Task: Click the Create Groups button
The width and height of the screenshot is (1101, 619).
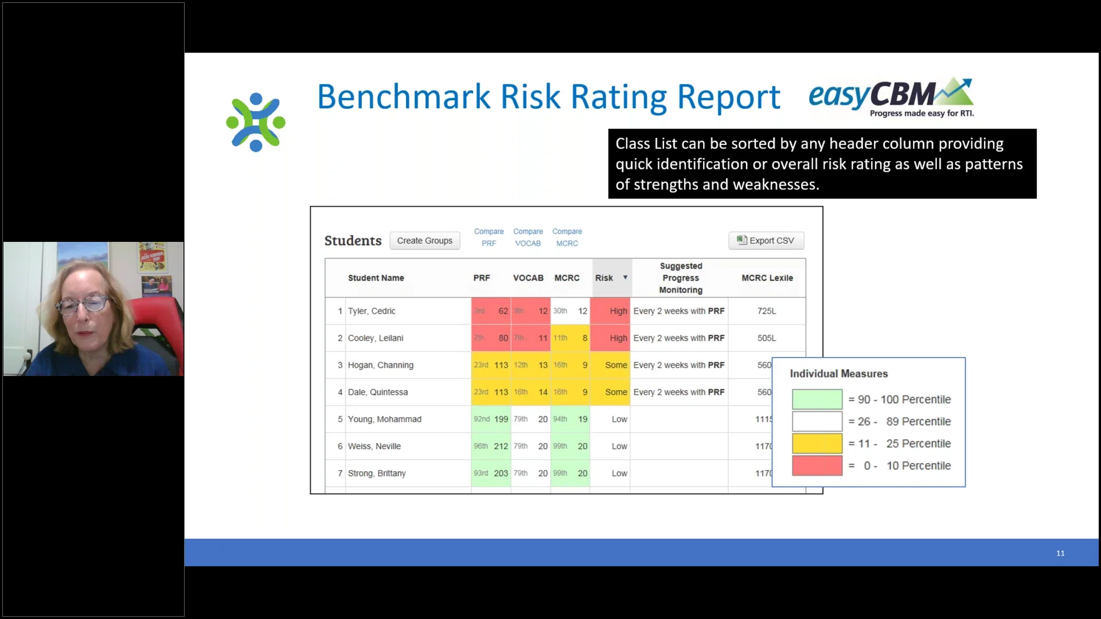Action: tap(424, 241)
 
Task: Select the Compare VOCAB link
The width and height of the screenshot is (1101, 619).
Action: tap(528, 237)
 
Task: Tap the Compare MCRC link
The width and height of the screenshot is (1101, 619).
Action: tap(567, 237)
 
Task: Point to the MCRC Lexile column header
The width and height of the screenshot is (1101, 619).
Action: tap(767, 278)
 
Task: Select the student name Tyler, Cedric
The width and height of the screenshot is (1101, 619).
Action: tap(372, 311)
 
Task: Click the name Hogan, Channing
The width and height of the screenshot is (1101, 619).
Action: tap(380, 365)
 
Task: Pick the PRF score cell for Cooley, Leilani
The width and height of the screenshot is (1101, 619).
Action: tap(491, 338)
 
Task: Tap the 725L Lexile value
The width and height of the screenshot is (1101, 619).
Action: tap(766, 311)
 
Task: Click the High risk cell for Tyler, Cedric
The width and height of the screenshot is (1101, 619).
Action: tap(611, 311)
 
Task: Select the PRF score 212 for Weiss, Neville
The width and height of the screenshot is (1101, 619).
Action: tap(500, 446)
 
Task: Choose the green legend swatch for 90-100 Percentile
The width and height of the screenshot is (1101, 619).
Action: tap(817, 399)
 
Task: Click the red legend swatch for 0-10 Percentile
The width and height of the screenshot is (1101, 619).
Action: tap(817, 465)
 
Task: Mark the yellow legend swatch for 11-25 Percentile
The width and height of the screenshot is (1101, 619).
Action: tap(817, 444)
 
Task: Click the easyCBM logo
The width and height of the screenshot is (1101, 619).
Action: tap(891, 97)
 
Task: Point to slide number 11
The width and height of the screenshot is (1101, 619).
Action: tap(1060, 553)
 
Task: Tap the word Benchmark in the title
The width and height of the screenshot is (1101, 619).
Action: tap(405, 97)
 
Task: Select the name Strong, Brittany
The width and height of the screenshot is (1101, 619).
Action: tap(377, 473)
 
